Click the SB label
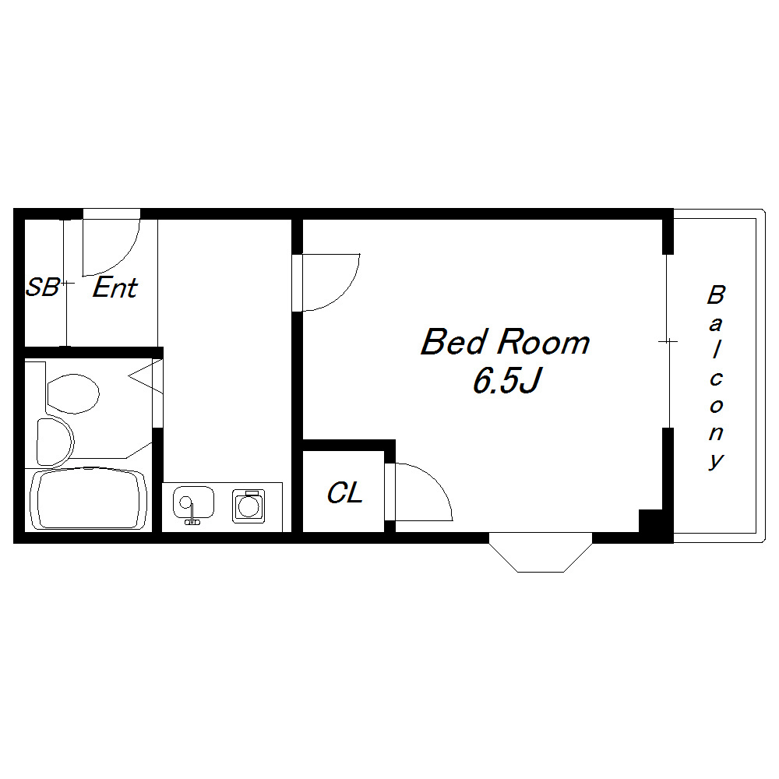42,287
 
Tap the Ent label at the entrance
115,287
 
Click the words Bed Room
506,342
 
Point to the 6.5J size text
507,380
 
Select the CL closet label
344,493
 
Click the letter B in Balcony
716,294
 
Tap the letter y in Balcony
716,460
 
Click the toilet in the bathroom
72,393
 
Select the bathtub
89,499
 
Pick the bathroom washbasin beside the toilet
55,441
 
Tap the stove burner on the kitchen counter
249,506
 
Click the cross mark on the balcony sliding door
668,341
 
